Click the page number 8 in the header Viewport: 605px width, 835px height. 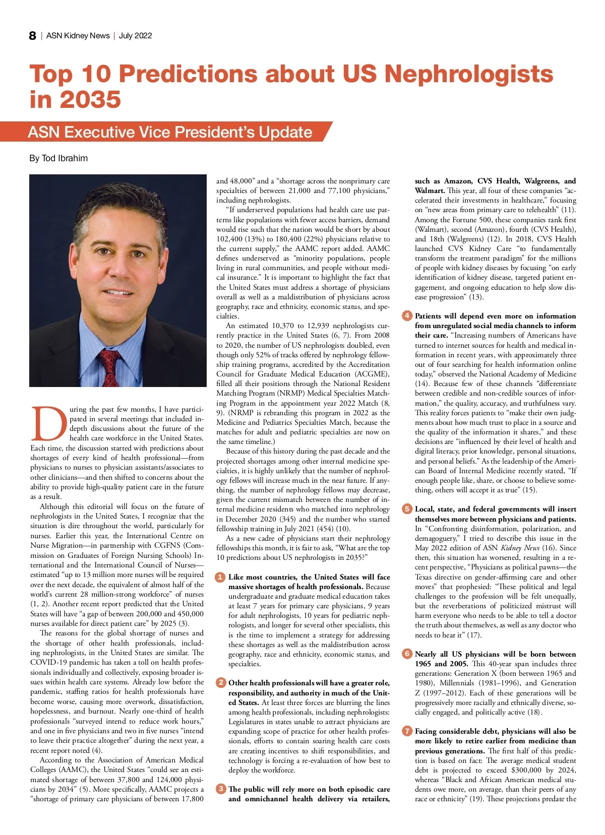click(x=33, y=36)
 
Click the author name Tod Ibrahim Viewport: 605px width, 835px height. click(x=65, y=158)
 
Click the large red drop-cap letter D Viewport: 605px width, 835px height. click(x=49, y=422)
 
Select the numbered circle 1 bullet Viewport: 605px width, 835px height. click(x=220, y=577)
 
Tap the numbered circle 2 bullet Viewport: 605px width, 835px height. click(x=220, y=683)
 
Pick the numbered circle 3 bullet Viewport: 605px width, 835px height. click(x=220, y=789)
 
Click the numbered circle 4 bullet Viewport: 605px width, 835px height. click(x=407, y=316)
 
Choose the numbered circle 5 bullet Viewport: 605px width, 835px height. click(x=407, y=509)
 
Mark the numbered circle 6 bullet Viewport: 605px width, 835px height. click(x=407, y=654)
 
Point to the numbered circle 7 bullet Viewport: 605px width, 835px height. click(x=407, y=731)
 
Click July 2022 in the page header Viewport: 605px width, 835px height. click(x=135, y=36)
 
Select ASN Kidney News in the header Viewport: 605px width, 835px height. click(x=78, y=36)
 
